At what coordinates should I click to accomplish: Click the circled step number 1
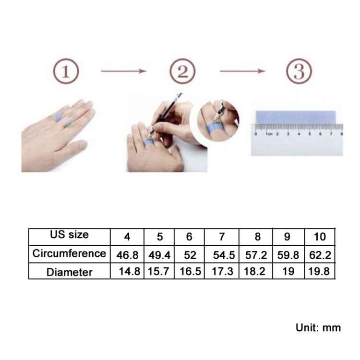pos(65,72)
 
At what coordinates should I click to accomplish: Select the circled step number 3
pos(300,72)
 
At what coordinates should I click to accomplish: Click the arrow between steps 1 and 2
pos(123,71)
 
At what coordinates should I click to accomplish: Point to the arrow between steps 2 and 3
pos(242,71)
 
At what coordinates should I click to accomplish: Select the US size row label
pos(69,235)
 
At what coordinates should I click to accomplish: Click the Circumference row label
pos(69,253)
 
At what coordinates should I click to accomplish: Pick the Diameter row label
pos(69,272)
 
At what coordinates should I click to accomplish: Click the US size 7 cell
pos(221,237)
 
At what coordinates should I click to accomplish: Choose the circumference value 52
pos(190,254)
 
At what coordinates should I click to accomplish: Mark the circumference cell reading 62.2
pos(320,254)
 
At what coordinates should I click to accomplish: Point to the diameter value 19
pos(288,272)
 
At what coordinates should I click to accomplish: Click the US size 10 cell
pos(320,237)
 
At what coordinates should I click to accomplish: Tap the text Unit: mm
pos(318,328)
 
